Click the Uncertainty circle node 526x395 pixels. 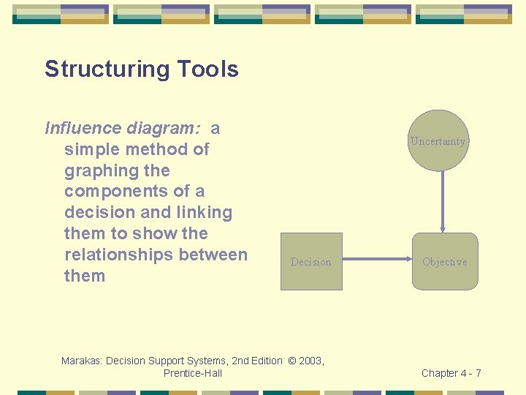[438, 140]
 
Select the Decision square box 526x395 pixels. [311, 261]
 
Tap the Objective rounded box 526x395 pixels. [444, 261]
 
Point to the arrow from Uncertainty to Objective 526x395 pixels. [443, 201]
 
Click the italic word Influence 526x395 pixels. [84, 129]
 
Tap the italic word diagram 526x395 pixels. [164, 129]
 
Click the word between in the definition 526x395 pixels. [218, 255]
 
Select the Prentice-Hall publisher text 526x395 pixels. [193, 373]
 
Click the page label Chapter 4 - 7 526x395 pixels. [451, 373]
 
